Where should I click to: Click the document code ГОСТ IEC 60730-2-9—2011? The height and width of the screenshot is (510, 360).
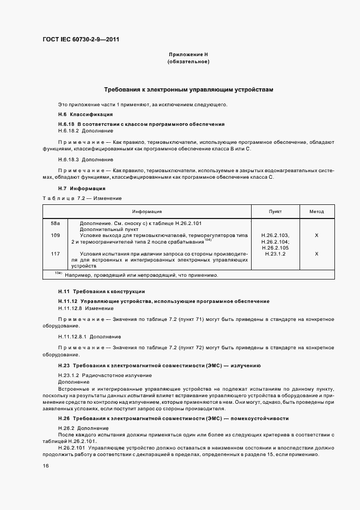[x=81, y=39]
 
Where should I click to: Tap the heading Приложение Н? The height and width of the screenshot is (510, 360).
[x=188, y=55]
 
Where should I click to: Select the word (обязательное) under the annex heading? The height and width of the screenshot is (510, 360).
[x=188, y=62]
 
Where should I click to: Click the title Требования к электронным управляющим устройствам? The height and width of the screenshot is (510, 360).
[x=188, y=89]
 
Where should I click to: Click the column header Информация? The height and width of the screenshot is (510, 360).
[x=147, y=211]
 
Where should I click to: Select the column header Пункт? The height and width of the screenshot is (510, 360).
[x=275, y=211]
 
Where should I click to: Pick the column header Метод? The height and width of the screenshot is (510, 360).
[x=316, y=211]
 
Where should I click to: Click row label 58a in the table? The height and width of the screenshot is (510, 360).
[x=55, y=223]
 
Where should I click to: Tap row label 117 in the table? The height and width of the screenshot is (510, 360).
[x=55, y=254]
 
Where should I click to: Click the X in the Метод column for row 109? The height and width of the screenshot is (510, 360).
[x=316, y=235]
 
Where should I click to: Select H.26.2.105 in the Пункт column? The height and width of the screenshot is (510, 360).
[x=275, y=248]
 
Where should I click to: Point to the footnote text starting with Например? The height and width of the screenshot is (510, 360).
[x=142, y=275]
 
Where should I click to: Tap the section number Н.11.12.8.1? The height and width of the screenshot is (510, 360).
[x=72, y=337]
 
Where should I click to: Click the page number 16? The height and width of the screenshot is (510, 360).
[x=46, y=465]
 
